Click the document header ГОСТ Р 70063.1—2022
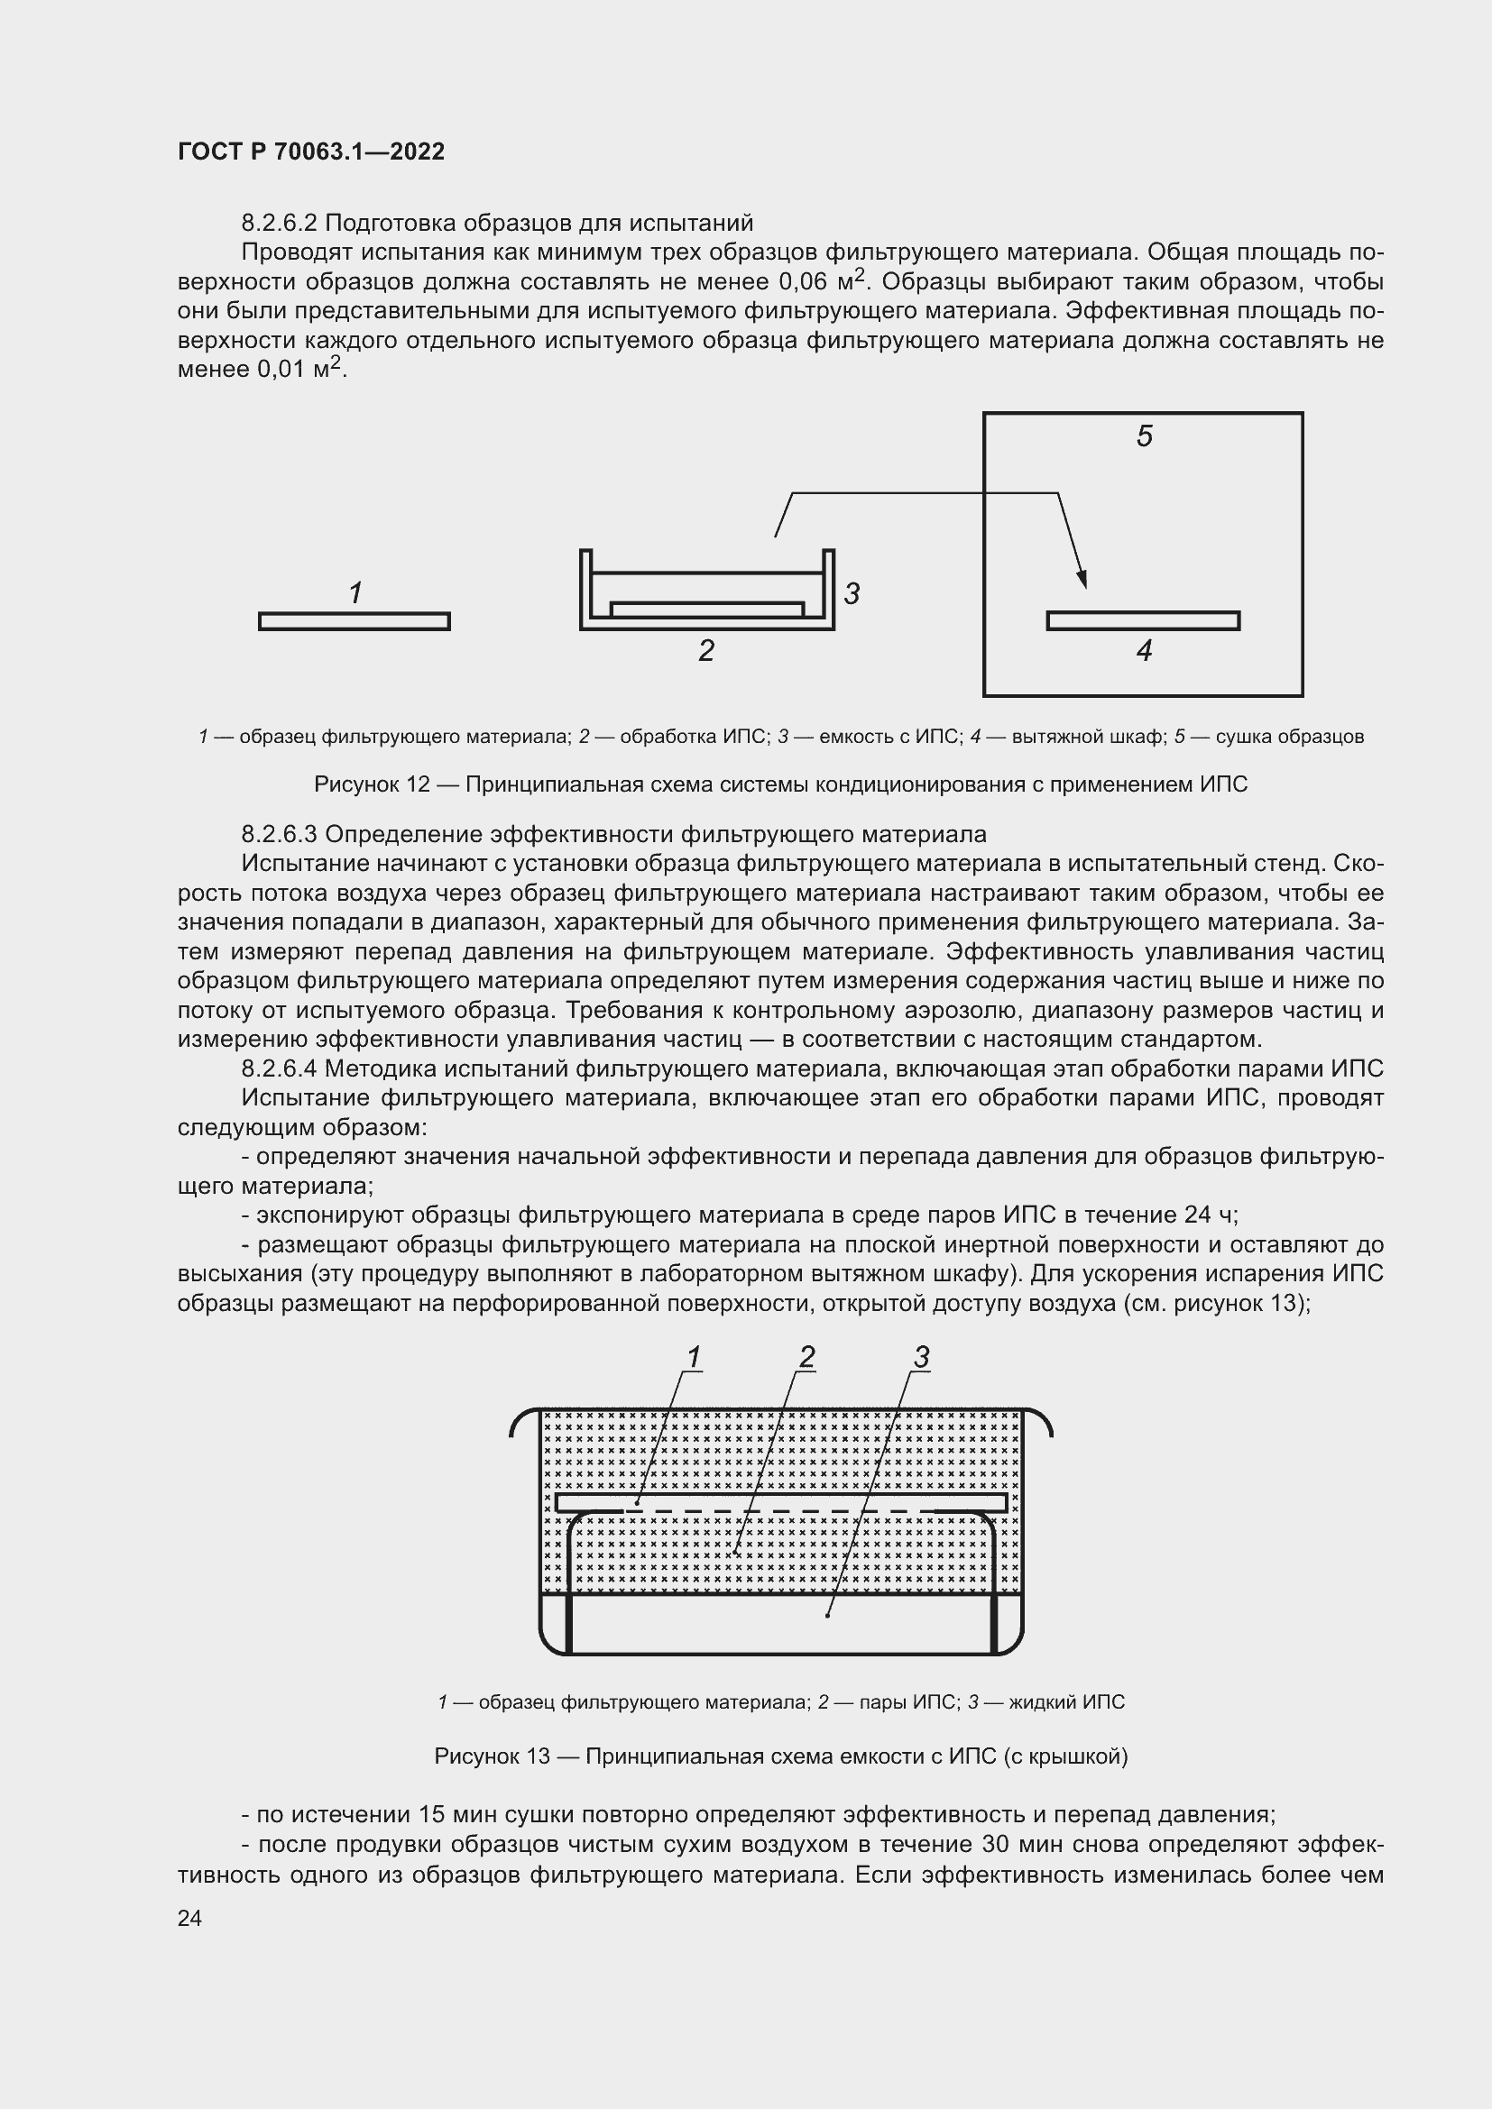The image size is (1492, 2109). coord(310,151)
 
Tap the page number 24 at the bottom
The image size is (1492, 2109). coord(189,1918)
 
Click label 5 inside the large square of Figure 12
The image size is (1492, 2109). coord(1144,436)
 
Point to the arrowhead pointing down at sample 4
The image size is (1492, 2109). coord(1083,579)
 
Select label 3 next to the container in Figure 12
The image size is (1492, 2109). coord(852,593)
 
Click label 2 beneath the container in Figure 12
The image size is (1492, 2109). coord(705,650)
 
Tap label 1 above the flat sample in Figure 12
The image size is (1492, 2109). coord(355,592)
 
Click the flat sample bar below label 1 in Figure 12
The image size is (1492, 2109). coord(354,622)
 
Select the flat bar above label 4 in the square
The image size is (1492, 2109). coord(1143,621)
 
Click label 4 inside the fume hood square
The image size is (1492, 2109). coord(1144,650)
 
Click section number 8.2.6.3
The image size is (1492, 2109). coord(279,834)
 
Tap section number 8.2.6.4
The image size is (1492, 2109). coord(279,1068)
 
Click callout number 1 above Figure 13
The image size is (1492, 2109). coord(694,1357)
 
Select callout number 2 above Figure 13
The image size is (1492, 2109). coord(806,1357)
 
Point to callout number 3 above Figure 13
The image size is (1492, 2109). coord(922,1357)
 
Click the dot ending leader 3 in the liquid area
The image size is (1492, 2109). coord(828,1615)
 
